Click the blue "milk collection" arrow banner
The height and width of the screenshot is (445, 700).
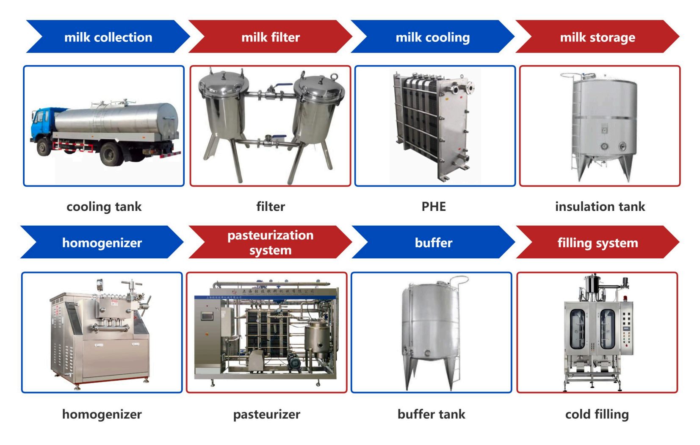108,37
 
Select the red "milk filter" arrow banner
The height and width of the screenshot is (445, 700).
270,37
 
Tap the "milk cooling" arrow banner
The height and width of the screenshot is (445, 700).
432,37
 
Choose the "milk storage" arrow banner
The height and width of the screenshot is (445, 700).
597,37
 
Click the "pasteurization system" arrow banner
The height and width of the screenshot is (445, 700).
270,242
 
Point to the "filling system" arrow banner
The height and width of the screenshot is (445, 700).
597,243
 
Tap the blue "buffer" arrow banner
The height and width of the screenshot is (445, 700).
433,243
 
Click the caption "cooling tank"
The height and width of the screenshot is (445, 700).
104,207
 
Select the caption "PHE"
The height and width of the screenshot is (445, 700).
434,207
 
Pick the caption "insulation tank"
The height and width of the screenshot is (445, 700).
600,207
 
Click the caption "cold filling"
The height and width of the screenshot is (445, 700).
597,414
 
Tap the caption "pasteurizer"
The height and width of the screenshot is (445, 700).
266,414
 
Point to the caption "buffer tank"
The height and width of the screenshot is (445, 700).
431,414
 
